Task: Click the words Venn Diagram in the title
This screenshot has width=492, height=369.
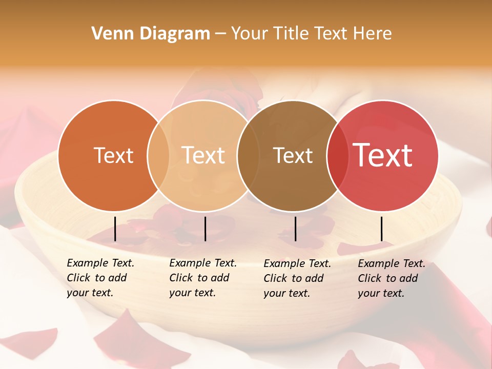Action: click(x=151, y=34)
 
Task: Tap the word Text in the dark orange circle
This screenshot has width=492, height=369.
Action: click(x=113, y=155)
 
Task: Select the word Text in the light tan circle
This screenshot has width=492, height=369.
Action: click(x=203, y=155)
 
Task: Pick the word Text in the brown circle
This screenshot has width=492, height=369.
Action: click(x=293, y=155)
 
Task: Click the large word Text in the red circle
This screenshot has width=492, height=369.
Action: click(x=382, y=155)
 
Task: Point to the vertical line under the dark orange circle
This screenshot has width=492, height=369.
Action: click(x=115, y=229)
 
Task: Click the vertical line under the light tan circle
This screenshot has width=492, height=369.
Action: click(x=205, y=229)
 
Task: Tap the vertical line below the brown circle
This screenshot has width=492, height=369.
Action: click(x=295, y=229)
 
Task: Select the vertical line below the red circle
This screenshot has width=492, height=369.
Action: click(x=381, y=229)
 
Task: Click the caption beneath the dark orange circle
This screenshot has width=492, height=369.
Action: click(x=100, y=278)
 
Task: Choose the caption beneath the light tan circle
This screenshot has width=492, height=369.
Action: click(x=202, y=278)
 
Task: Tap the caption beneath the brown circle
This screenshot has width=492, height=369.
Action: click(x=297, y=278)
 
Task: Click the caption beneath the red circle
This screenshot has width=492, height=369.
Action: click(x=391, y=278)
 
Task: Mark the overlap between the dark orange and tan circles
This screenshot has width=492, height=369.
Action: click(x=158, y=155)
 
